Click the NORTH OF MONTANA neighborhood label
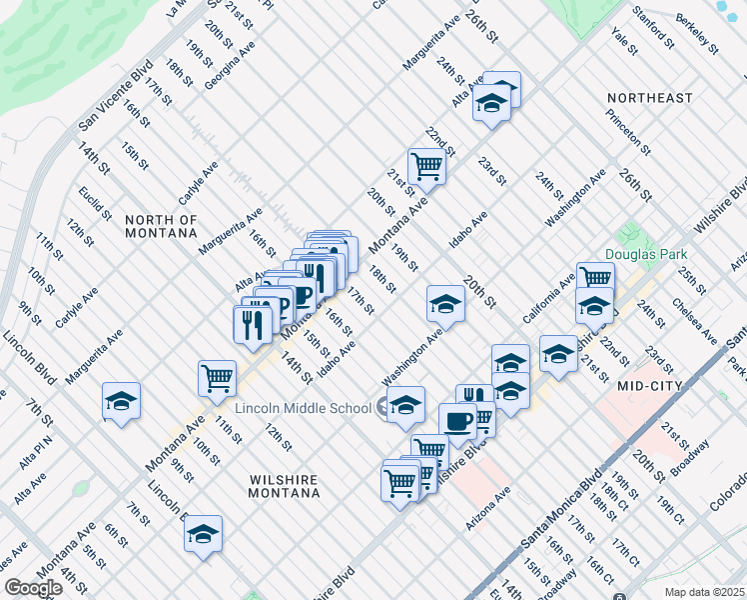coord(161,226)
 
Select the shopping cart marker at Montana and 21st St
coord(426,165)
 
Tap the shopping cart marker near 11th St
coord(217,378)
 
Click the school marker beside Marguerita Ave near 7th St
coord(122,401)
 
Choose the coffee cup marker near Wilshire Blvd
coord(457,421)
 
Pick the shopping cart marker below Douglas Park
coord(594,278)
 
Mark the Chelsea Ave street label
coord(694,319)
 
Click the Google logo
coord(33,588)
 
